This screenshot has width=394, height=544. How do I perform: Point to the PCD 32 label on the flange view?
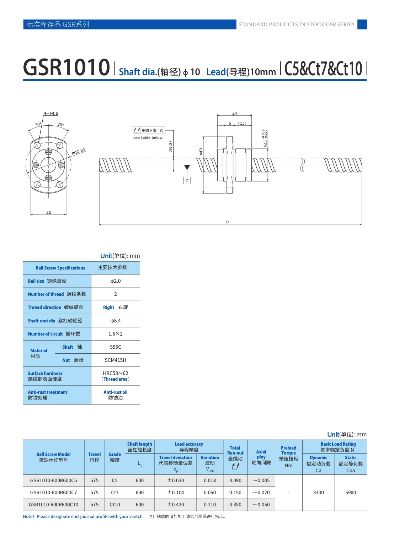coord(79,152)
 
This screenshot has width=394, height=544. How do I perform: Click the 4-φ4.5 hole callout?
coord(51,113)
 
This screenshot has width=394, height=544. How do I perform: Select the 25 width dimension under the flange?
coord(49,212)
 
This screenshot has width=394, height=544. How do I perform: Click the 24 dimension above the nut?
coord(234,113)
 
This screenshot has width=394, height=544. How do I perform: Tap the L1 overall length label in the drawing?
coord(228,222)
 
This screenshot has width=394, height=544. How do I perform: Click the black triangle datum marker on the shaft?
coord(187,167)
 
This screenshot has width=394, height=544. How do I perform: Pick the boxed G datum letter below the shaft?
coord(187,181)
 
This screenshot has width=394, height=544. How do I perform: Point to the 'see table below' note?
coord(148,137)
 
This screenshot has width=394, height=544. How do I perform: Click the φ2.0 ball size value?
coord(116,281)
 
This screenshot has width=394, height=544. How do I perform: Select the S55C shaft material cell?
coord(116,347)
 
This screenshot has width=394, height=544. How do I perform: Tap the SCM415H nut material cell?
coord(116,360)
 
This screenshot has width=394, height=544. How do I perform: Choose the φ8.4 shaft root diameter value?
coord(116,321)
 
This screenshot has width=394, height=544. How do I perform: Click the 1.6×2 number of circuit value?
coord(116,334)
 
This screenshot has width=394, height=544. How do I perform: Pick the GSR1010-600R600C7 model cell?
coord(54,493)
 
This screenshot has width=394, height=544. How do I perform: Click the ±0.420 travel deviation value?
coord(176,505)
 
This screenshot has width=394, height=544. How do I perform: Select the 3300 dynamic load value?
coord(318,493)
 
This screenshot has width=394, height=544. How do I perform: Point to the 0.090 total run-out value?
coord(235,480)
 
